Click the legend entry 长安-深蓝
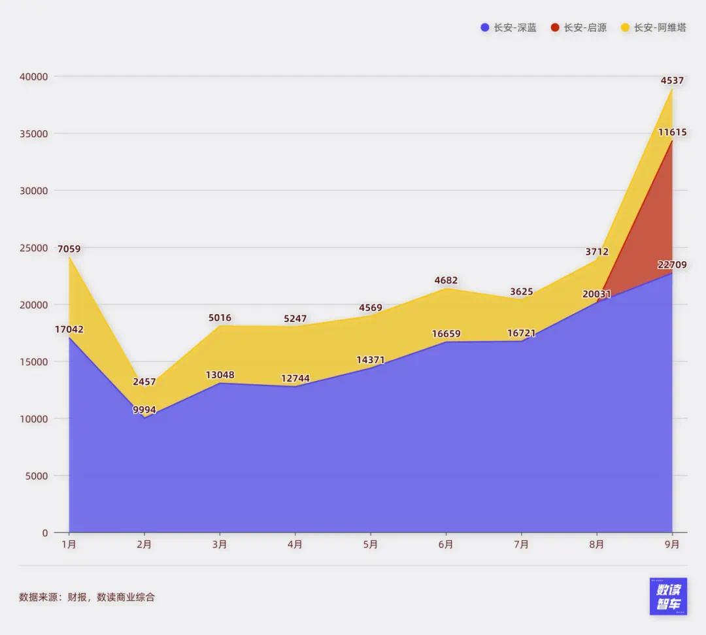[509, 27]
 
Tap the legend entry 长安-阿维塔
[653, 27]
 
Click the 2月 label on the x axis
[144, 544]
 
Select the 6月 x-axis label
[446, 544]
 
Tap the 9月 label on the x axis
[672, 544]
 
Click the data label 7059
[69, 249]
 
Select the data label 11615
[672, 132]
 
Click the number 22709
[672, 265]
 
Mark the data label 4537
[672, 81]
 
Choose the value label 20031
[596, 294]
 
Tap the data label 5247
[295, 319]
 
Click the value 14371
[370, 360]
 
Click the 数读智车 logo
[668, 596]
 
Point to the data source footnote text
[87, 596]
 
